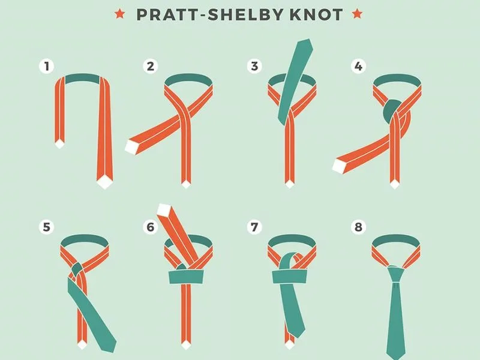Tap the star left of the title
tap(119, 14)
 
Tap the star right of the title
tap(357, 14)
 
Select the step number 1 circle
tap(47, 66)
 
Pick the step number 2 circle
tap(151, 66)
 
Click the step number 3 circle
tap(254, 66)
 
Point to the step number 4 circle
tap(358, 66)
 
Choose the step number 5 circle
tap(47, 227)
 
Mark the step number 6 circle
tap(151, 227)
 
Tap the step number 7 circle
tap(254, 227)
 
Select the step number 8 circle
tap(358, 227)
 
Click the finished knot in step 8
tap(396, 274)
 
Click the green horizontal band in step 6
tap(187, 277)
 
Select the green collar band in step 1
tap(82, 79)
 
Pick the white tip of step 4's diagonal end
tap(339, 166)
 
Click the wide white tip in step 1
tap(104, 182)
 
